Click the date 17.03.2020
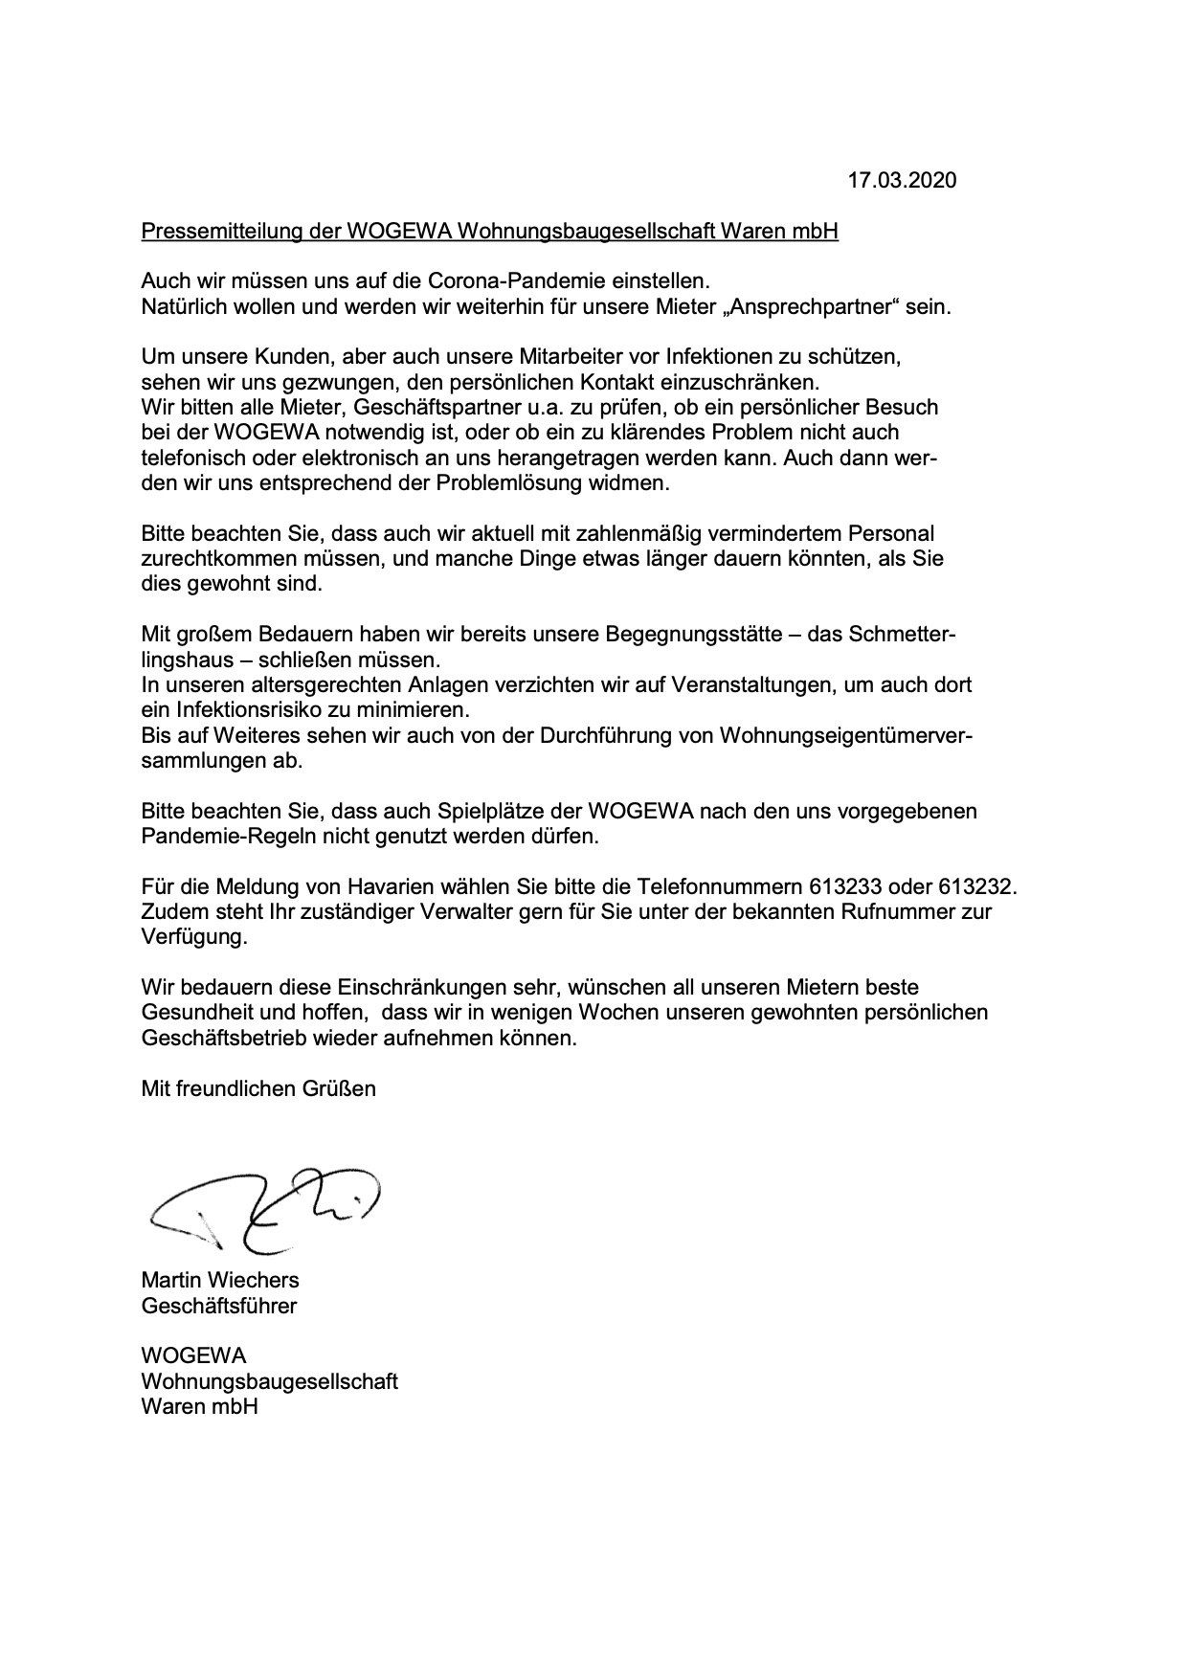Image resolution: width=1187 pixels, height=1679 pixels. click(x=902, y=180)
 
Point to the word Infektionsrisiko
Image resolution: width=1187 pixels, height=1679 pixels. click(x=244, y=710)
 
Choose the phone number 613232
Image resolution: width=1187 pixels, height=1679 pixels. click(x=976, y=886)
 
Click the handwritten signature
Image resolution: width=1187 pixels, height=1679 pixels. click(x=263, y=1207)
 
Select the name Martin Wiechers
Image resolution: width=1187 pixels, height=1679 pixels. click(x=220, y=1280)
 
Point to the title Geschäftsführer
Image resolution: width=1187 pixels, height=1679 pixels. click(x=219, y=1305)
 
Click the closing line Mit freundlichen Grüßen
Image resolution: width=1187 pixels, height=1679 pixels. click(x=258, y=1087)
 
